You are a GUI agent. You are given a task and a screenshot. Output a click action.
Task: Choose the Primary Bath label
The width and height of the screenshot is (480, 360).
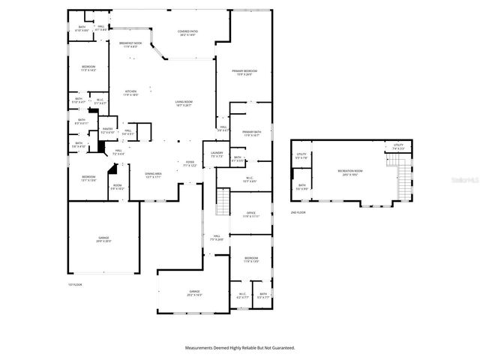coord(250,133)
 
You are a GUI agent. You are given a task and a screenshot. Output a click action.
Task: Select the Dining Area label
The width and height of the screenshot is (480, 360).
coord(154,175)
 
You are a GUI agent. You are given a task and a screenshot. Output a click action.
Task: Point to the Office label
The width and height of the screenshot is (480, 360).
coord(250,214)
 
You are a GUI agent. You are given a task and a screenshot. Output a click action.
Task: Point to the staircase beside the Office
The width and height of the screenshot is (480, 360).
coord(223,201)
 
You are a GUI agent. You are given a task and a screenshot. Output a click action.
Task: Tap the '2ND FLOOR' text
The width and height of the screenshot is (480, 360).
coord(299,212)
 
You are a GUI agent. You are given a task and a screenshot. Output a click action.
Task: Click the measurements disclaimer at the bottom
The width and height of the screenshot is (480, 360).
coord(240,347)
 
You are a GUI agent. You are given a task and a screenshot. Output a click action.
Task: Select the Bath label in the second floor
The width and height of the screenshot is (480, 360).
coord(301,187)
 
